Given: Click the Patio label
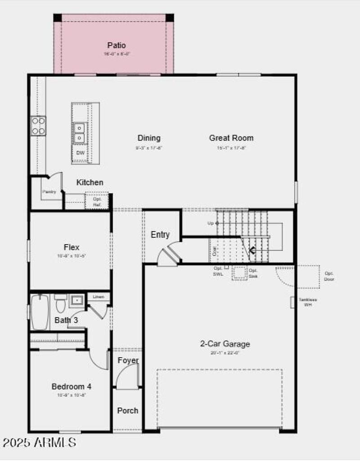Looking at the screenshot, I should click(116, 45).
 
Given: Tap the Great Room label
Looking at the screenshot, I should click(231, 138).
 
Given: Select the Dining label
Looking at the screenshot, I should click(148, 138).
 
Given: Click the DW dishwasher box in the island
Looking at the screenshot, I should click(80, 153).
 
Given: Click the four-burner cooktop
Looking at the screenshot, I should click(38, 126).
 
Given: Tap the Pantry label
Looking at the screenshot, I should click(49, 192).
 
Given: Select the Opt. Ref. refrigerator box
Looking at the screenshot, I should click(97, 201).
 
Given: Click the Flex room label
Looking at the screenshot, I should click(72, 247).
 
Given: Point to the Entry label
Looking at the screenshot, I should click(160, 235).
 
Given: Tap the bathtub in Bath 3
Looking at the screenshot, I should click(40, 312).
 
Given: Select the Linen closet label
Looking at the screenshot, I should click(99, 297).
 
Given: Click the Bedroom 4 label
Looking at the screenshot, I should click(72, 386).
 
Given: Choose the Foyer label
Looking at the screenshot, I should click(128, 360).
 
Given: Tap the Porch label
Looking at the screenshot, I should click(128, 411).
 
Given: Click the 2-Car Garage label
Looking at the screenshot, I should click(225, 344).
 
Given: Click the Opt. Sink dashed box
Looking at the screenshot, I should click(240, 273).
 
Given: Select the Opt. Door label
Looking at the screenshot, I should click(329, 276).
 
